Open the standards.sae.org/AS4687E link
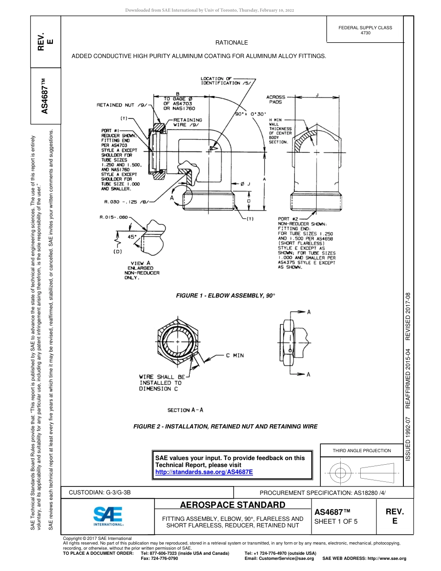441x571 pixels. click(204, 472)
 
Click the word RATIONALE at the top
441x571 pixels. click(232, 43)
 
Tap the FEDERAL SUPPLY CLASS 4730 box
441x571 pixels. click(365, 30)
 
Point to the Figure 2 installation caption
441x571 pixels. click(225, 426)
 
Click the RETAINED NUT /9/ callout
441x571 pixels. click(122, 105)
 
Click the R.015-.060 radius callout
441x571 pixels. click(114, 217)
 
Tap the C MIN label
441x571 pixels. click(235, 356)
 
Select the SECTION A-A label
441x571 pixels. click(185, 410)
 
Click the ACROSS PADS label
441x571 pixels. click(276, 99)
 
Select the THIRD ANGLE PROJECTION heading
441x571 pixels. click(362, 450)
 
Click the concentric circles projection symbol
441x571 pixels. click(340, 473)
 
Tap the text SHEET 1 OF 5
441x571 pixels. click(336, 521)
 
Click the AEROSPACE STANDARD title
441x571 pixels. click(233, 505)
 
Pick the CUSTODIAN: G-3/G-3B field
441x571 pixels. click(103, 493)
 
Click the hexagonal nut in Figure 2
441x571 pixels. click(178, 342)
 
